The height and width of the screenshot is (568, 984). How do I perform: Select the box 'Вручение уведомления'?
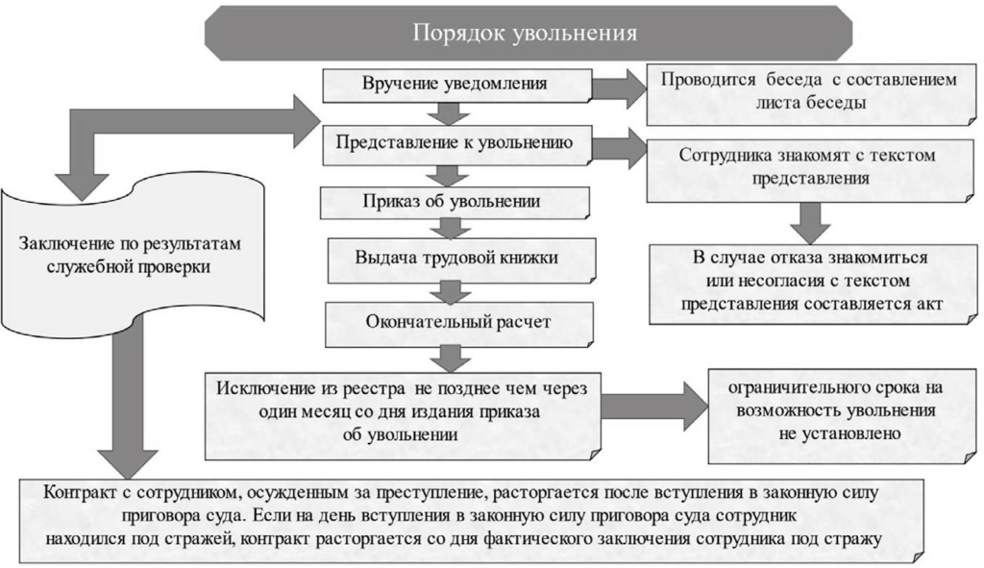[x=454, y=84]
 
